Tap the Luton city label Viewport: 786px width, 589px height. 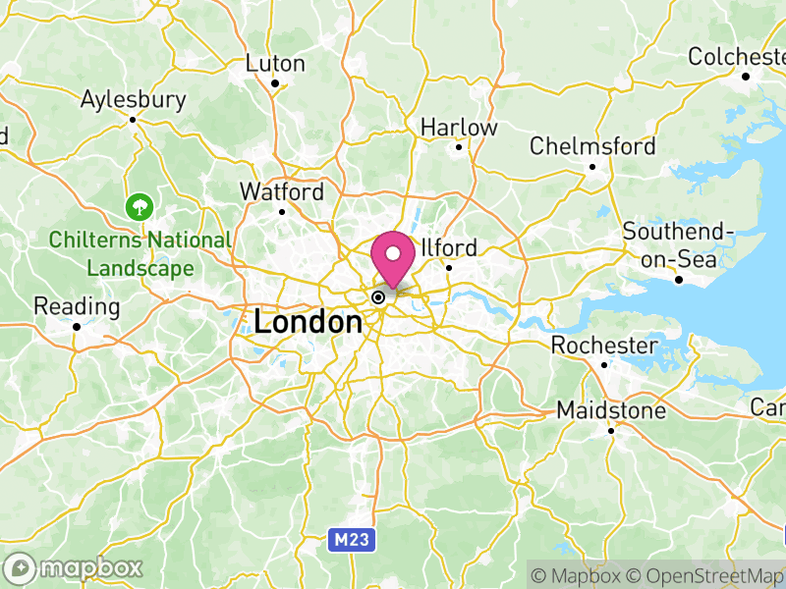(275, 64)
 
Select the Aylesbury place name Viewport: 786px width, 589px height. (133, 99)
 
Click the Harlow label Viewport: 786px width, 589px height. (459, 128)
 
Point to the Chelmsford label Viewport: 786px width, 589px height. (592, 146)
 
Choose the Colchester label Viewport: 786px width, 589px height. (736, 57)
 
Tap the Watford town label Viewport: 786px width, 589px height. (282, 191)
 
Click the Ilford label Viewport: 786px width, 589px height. (449, 247)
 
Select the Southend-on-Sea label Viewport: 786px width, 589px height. (679, 244)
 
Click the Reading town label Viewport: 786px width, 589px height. (77, 306)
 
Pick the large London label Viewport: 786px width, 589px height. (308, 321)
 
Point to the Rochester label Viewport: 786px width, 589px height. (603, 346)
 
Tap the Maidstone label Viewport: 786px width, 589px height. (610, 409)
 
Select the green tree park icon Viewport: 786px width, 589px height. (139, 207)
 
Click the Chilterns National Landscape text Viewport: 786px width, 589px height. (140, 253)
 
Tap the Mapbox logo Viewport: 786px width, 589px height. (74, 567)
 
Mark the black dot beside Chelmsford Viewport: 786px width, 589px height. (592, 167)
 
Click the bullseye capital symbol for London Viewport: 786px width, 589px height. (377, 296)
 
